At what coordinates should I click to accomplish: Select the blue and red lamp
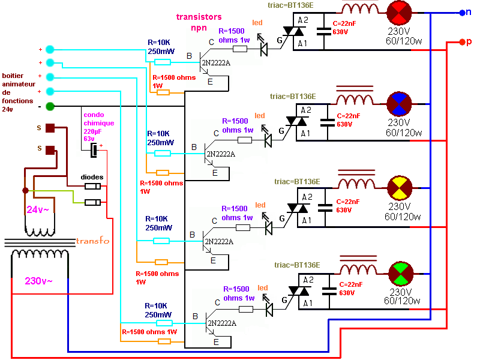pyautogui.click(x=397, y=103)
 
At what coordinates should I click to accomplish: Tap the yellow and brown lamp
pyautogui.click(x=397, y=187)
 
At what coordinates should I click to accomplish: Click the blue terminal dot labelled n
pyautogui.click(x=462, y=12)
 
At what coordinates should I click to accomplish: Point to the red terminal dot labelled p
pyautogui.click(x=462, y=42)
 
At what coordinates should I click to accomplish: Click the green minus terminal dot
pyautogui.click(x=50, y=107)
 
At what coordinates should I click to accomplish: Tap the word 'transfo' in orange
pyautogui.click(x=92, y=241)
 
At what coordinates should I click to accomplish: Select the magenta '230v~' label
pyautogui.click(x=38, y=281)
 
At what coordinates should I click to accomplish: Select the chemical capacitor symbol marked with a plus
pyautogui.click(x=95, y=150)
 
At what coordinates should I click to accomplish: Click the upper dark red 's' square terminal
pyautogui.click(x=50, y=127)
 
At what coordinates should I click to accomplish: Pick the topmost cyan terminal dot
pyautogui.click(x=50, y=49)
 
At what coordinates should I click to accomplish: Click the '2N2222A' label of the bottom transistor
pyautogui.click(x=221, y=323)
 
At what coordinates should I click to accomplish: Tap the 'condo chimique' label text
pyautogui.click(x=97, y=119)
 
